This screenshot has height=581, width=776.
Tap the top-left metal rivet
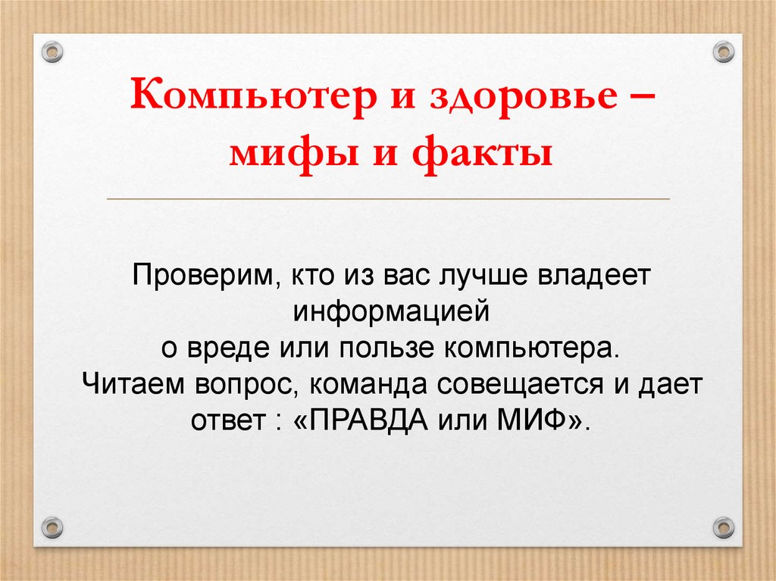coord(51,52)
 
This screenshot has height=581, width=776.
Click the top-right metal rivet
coord(724,52)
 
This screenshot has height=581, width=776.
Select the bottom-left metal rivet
coord(51,525)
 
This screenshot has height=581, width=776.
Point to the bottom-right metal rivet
coord(724,525)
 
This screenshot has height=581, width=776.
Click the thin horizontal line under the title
coord(388,199)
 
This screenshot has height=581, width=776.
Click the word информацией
coord(388,310)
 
